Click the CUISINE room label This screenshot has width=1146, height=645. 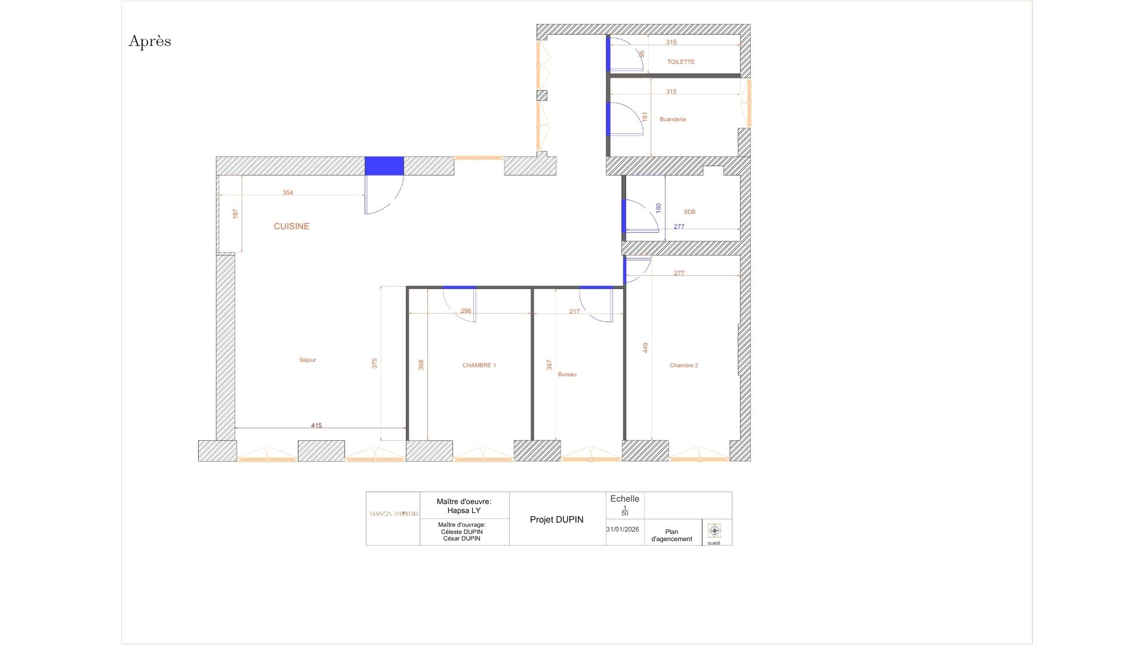tap(291, 226)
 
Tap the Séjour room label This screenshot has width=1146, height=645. tap(307, 360)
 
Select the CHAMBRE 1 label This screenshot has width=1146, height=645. tap(479, 365)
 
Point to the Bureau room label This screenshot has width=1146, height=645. tap(567, 374)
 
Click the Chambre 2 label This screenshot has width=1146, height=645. tap(683, 365)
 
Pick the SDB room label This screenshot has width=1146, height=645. tap(689, 212)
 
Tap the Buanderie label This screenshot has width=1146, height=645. tap(673, 119)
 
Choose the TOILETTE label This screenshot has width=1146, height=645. tap(680, 62)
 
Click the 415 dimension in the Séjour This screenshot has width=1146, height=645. tap(316, 426)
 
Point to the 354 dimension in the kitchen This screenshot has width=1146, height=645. tap(288, 193)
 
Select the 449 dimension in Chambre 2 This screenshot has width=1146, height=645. tap(645, 348)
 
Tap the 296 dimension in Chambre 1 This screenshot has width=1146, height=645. tap(466, 311)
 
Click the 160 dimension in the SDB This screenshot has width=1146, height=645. tap(658, 208)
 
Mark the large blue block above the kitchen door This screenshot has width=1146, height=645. tap(384, 165)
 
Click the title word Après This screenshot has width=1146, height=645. tap(150, 41)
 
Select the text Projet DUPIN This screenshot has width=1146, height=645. tap(556, 520)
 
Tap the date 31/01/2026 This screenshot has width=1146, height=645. tap(622, 529)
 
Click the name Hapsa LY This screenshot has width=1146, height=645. tap(464, 511)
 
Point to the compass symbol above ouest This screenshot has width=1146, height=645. tap(714, 530)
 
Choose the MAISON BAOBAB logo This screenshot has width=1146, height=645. tap(393, 514)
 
